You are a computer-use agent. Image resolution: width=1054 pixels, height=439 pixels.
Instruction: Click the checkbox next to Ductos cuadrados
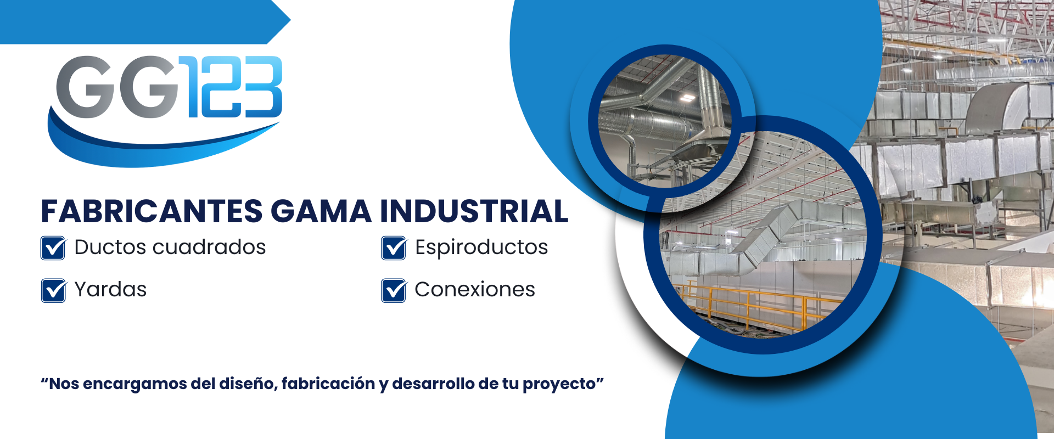point(53,247)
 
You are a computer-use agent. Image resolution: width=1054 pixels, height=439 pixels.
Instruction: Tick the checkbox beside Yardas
point(53,290)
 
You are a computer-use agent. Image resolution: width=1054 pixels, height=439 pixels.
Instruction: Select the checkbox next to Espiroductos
point(394,247)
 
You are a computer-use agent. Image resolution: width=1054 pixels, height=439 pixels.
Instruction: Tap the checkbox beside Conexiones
point(394,290)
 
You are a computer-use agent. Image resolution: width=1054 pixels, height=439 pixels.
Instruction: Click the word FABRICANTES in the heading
point(152,211)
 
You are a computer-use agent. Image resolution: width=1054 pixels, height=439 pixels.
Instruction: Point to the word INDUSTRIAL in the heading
point(474,211)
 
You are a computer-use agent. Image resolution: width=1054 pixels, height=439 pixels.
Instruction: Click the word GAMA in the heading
point(321,211)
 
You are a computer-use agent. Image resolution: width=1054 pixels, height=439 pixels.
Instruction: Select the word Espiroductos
point(481,247)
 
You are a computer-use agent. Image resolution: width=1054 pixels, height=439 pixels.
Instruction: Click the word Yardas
point(110,289)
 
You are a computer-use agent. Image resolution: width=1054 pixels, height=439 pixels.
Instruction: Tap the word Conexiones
point(475,289)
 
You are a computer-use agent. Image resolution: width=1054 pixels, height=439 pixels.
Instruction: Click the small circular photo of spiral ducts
point(664,121)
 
